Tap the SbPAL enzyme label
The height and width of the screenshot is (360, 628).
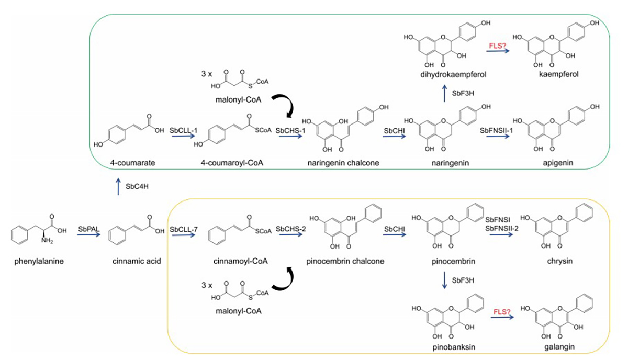pos(89,229)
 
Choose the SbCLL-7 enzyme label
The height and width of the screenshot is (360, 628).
pos(181,229)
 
